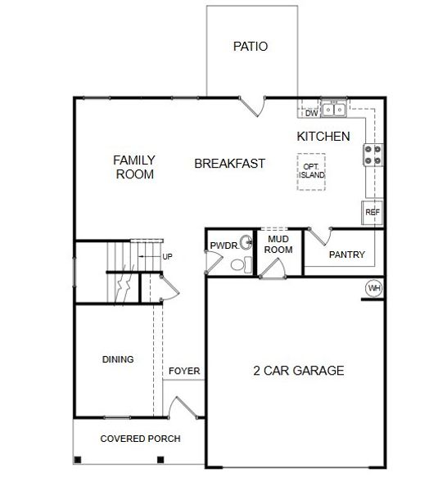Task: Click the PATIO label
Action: click(x=251, y=47)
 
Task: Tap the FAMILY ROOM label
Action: click(x=134, y=167)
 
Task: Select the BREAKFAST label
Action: click(x=229, y=164)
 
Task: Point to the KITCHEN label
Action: click(x=323, y=137)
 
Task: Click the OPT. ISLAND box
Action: click(x=310, y=171)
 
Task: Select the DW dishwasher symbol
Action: click(x=310, y=113)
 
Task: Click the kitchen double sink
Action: click(x=334, y=109)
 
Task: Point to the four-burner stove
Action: click(x=373, y=155)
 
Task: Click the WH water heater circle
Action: click(x=374, y=288)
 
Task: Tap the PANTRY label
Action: click(x=346, y=255)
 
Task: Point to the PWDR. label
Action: click(x=223, y=245)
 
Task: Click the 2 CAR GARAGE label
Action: click(x=298, y=371)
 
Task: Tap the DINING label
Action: click(x=118, y=359)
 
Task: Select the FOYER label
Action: click(x=184, y=372)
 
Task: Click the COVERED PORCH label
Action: click(x=140, y=439)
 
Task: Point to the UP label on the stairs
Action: click(x=167, y=257)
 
